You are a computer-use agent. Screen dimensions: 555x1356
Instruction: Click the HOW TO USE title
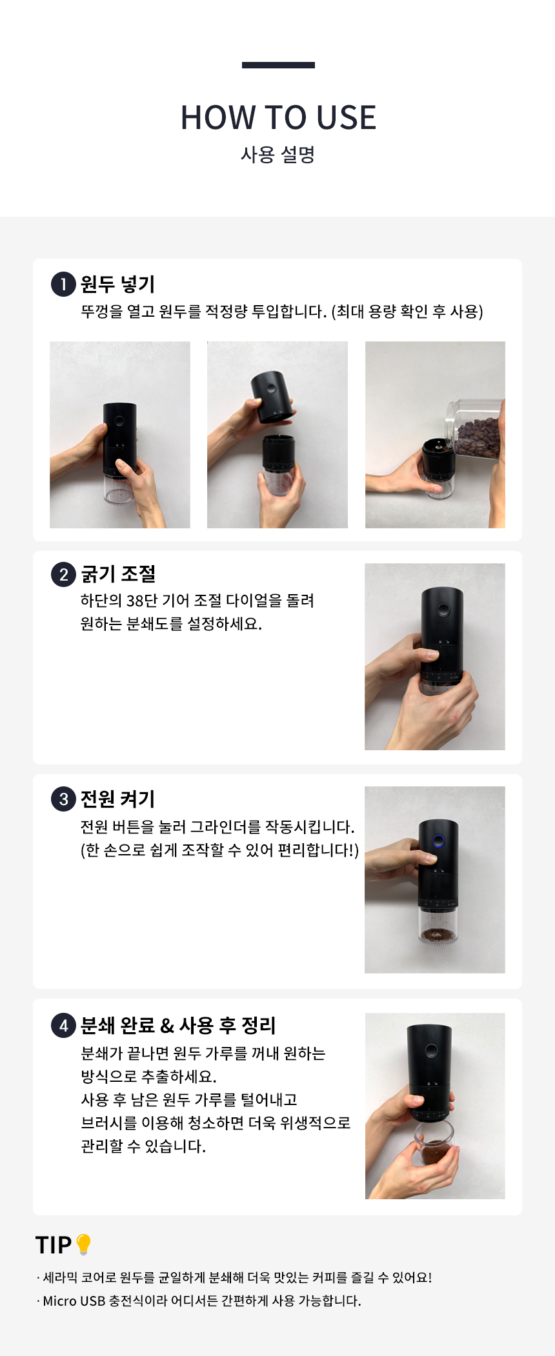(278, 117)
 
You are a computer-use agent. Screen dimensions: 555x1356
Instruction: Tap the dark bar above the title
(278, 65)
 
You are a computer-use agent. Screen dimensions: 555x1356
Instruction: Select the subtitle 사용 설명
(277, 155)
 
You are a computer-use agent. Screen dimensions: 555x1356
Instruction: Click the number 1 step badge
(63, 284)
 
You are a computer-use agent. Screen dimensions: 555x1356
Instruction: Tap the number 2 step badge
(63, 574)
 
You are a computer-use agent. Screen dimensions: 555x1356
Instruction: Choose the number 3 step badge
(63, 799)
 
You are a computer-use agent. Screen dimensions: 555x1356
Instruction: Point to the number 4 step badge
(63, 1025)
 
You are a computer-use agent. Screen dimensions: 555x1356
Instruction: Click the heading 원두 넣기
(117, 284)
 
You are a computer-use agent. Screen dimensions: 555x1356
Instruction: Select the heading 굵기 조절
(118, 574)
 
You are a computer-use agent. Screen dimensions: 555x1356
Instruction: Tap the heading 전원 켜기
(117, 799)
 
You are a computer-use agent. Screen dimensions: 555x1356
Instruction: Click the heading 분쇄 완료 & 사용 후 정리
(178, 1025)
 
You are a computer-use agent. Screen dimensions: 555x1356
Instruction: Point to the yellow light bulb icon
(83, 1244)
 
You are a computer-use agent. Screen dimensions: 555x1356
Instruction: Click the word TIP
(54, 1245)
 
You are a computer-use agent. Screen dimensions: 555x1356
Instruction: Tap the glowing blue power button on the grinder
(438, 841)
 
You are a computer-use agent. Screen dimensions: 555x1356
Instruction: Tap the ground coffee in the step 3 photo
(438, 935)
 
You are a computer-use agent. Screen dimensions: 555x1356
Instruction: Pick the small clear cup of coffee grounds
(434, 1144)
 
